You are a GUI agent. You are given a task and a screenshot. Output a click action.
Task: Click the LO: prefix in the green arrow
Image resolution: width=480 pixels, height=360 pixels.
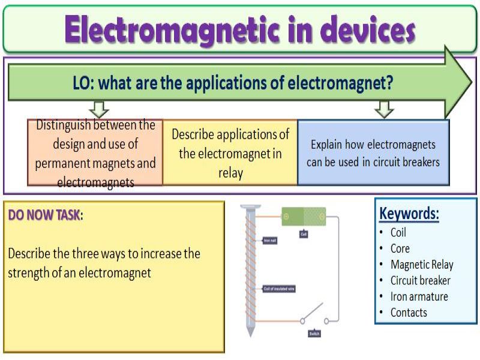click(x=83, y=83)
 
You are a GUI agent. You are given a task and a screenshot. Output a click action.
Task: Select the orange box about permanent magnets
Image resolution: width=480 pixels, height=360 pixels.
click(x=95, y=152)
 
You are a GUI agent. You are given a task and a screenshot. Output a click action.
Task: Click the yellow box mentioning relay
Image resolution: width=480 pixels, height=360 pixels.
click(x=230, y=152)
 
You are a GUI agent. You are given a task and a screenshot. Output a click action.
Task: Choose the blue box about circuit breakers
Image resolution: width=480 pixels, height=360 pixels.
click(x=373, y=152)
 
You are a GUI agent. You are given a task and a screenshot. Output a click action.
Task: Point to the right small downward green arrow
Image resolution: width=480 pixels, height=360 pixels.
click(x=383, y=109)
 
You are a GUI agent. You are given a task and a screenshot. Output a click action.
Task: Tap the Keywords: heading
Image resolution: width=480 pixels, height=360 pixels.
click(x=409, y=214)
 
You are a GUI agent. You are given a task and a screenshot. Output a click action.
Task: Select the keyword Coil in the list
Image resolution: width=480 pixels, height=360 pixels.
click(x=398, y=233)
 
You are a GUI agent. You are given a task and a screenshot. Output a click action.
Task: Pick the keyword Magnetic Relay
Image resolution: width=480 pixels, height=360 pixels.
click(x=422, y=265)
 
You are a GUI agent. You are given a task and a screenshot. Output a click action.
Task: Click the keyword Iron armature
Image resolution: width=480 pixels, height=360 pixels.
click(x=419, y=296)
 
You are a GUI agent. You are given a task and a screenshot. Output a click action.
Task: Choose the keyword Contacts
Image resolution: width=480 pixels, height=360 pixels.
click(x=409, y=313)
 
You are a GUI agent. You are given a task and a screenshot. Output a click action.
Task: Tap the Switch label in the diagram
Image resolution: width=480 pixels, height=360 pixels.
click(x=314, y=333)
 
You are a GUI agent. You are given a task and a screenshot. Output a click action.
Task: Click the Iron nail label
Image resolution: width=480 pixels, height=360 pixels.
click(x=270, y=241)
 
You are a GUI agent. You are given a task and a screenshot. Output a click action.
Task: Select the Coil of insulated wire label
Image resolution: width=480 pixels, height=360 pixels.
click(x=279, y=289)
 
